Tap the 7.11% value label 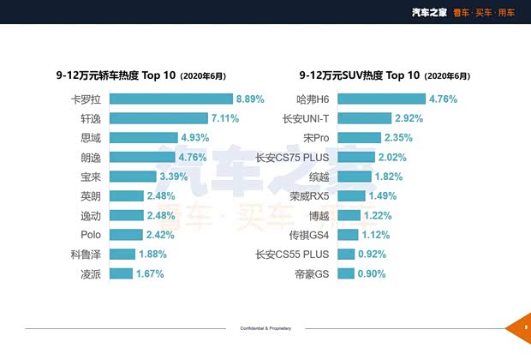click(224, 118)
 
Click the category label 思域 click(91, 138)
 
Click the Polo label click(91, 235)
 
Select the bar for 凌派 click(121, 274)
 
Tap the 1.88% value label click(152, 255)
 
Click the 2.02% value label click(392, 157)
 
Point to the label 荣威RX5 click(310, 196)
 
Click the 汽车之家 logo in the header click(429, 12)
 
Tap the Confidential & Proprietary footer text click(265, 328)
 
